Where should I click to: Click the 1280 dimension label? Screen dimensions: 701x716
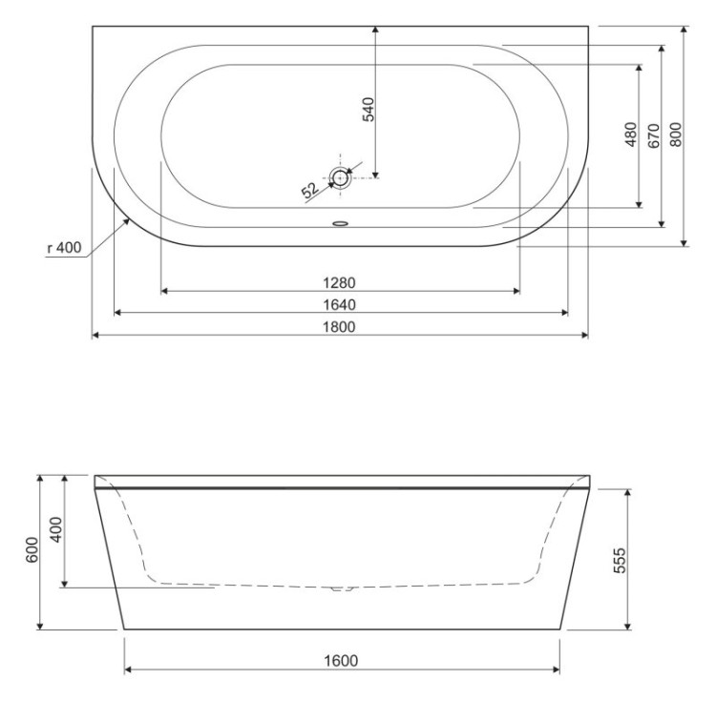pyautogui.click(x=340, y=282)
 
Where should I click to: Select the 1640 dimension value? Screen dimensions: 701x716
pyautogui.click(x=340, y=305)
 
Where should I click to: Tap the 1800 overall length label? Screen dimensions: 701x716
pyautogui.click(x=340, y=328)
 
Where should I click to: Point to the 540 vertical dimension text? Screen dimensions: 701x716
pyautogui.click(x=369, y=108)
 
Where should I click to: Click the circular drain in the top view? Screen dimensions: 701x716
pyautogui.click(x=341, y=176)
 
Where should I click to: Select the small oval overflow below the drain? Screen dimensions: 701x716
pyautogui.click(x=341, y=226)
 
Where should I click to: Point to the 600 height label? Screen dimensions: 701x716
pyautogui.click(x=31, y=551)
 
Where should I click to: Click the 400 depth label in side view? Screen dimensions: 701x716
pyautogui.click(x=54, y=531)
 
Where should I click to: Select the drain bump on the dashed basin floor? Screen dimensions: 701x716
pyautogui.click(x=341, y=588)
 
